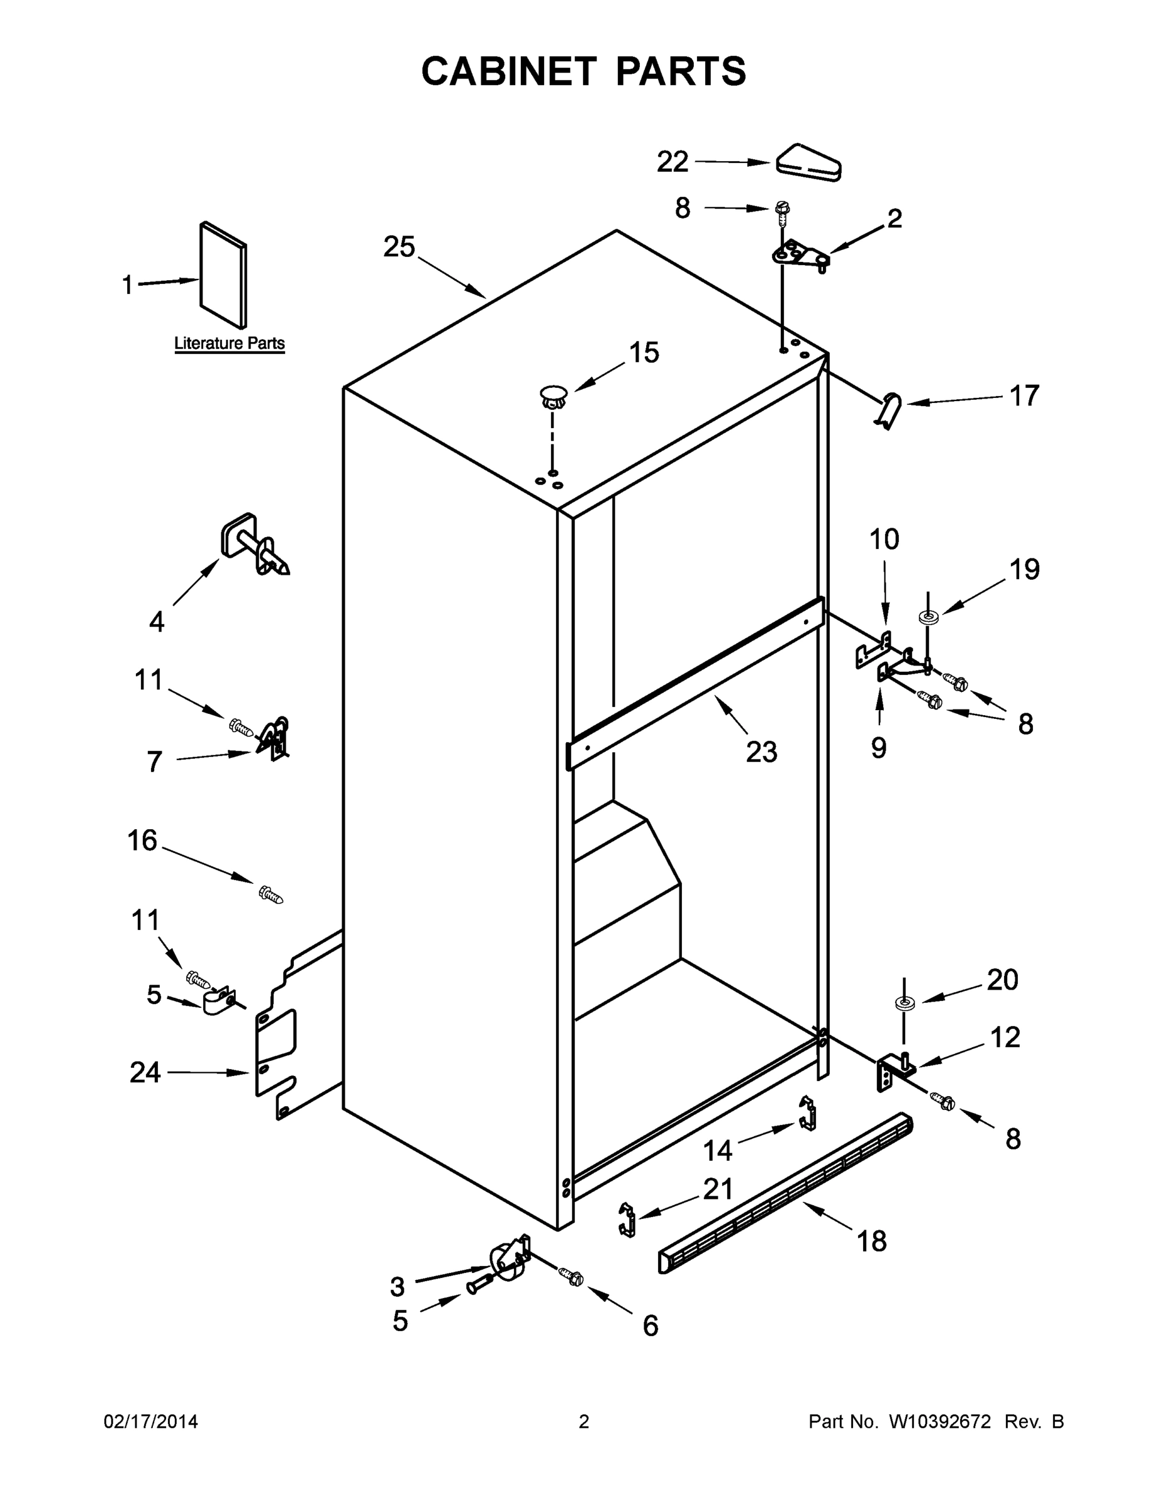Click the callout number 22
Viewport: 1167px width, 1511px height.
click(672, 162)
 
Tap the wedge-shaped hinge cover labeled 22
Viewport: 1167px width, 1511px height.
click(808, 163)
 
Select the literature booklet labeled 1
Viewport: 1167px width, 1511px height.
click(223, 274)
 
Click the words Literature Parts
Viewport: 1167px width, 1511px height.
click(229, 343)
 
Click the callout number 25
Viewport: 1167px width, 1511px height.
click(399, 247)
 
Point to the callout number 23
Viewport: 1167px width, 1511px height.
click(761, 751)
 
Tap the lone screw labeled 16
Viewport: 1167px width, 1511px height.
click(271, 895)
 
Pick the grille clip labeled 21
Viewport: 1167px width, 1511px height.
click(627, 1220)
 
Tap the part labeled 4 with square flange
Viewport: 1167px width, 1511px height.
click(252, 545)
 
